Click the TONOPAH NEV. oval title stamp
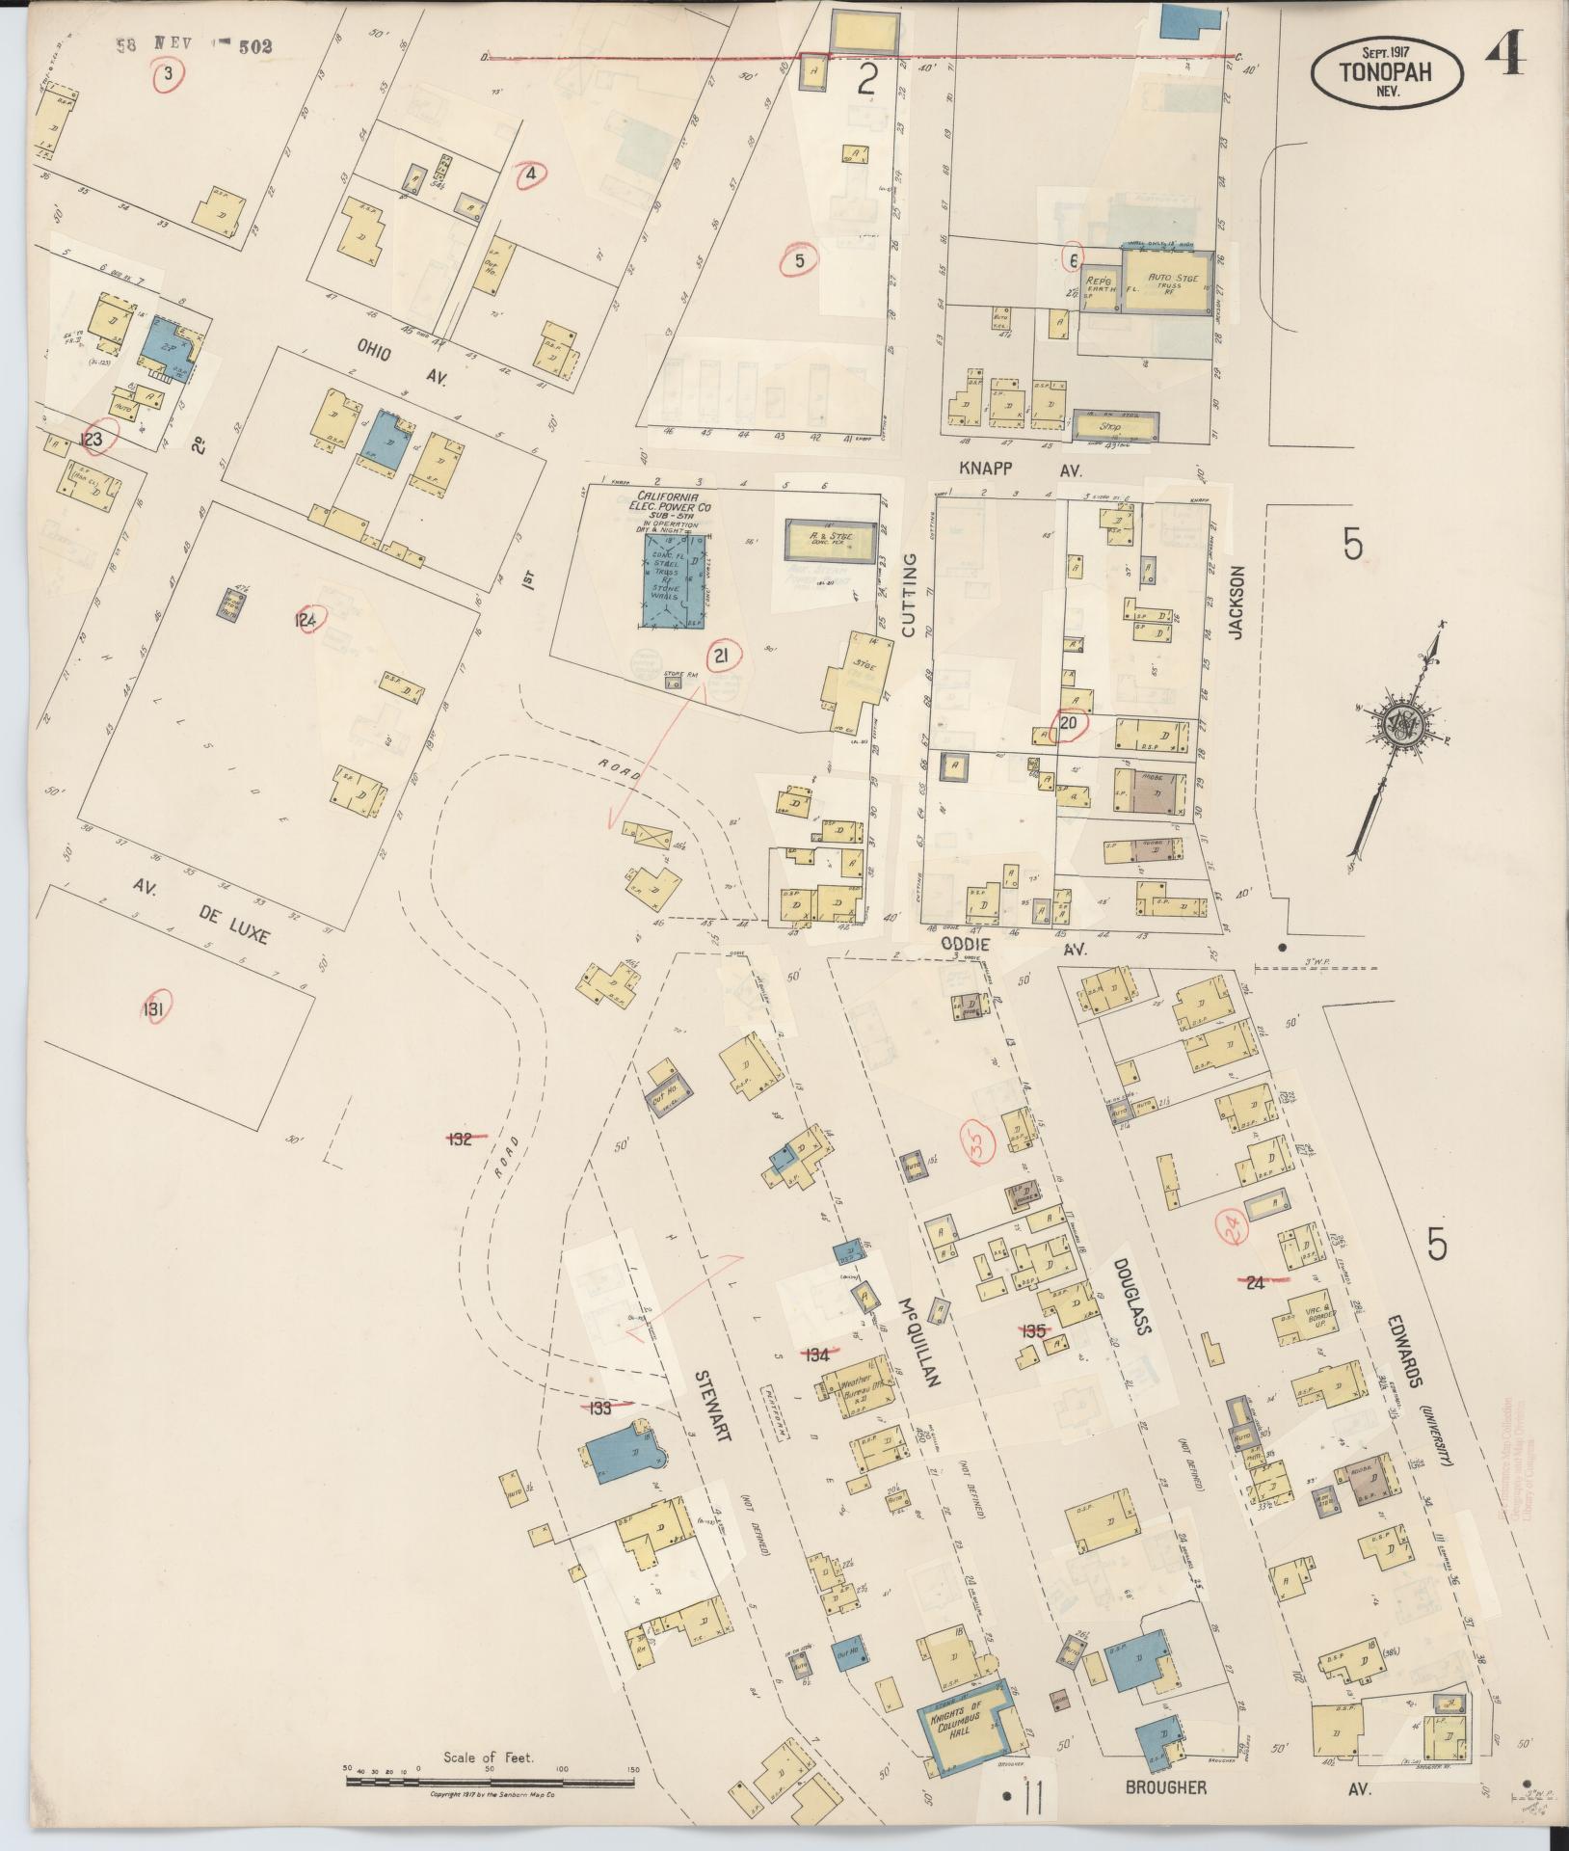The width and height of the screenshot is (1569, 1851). (1387, 70)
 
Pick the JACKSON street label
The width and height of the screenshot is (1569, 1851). (1237, 603)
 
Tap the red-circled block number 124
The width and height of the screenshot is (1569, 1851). (306, 620)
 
